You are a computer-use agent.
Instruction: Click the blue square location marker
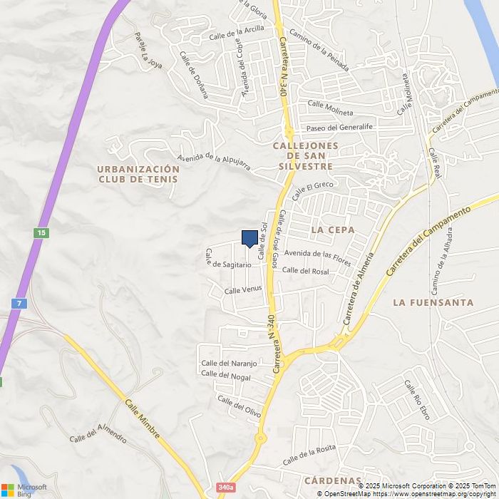249,238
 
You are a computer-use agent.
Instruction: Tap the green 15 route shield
42,233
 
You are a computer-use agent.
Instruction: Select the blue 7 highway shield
19,304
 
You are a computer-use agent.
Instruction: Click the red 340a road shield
225,488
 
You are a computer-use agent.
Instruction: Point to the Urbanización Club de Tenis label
138,174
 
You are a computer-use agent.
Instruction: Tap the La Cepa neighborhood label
333,230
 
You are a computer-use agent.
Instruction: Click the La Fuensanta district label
433,302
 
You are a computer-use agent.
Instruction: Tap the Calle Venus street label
243,290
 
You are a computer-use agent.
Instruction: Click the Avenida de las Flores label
317,256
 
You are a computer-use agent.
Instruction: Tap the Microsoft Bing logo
24,490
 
